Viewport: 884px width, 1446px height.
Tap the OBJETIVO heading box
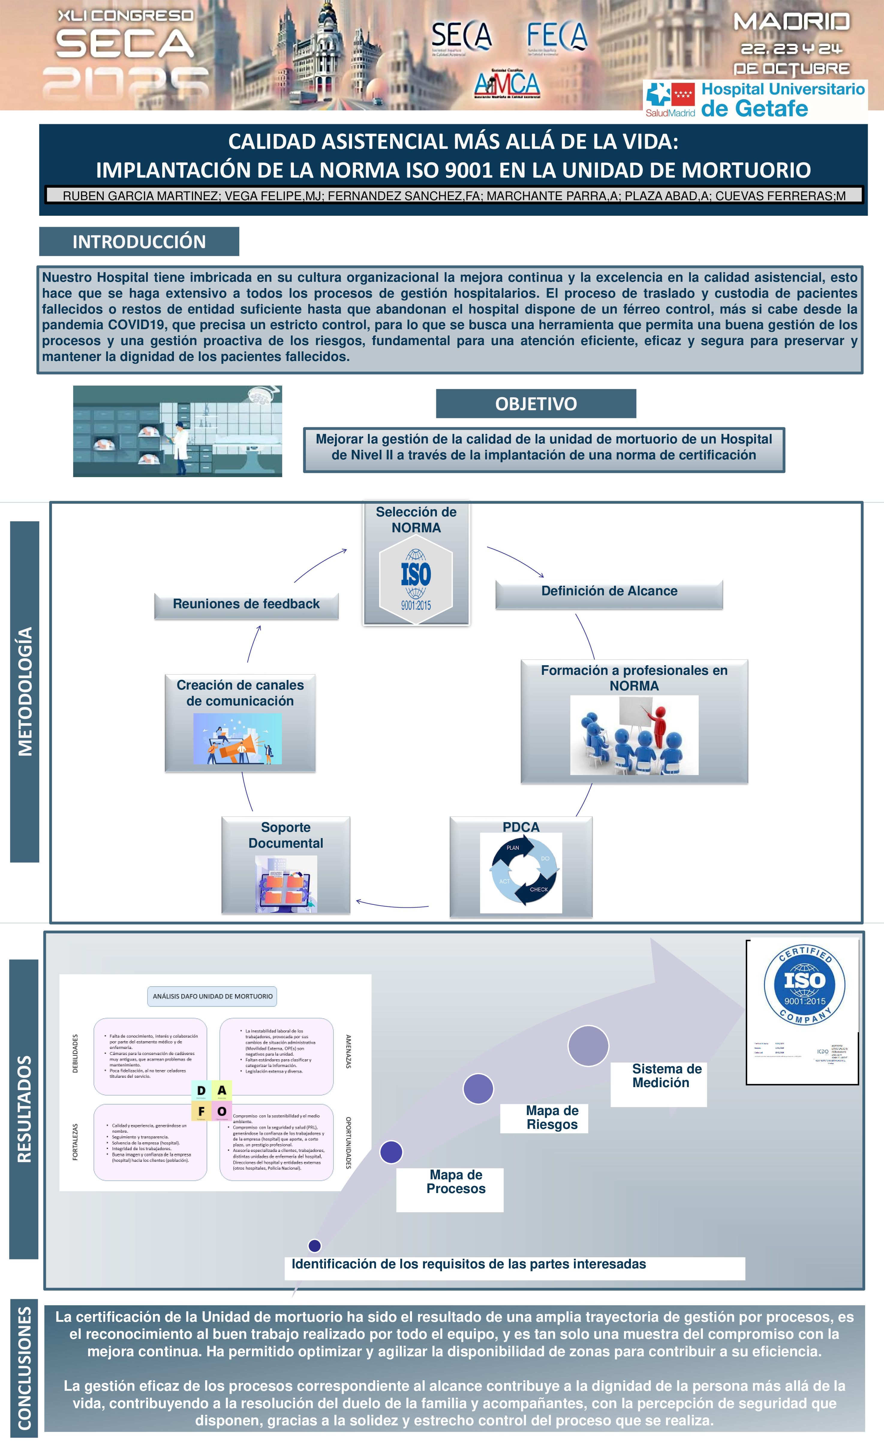[x=536, y=404]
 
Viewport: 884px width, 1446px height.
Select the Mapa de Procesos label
[x=456, y=1182]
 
